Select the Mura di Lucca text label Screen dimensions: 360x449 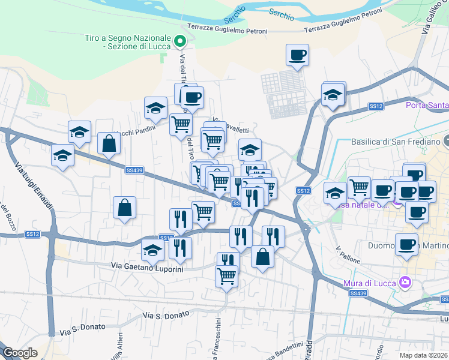(373, 281)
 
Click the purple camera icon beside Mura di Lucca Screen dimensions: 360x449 (405, 281)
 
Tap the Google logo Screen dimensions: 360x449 (20, 353)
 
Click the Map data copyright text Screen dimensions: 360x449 (424, 355)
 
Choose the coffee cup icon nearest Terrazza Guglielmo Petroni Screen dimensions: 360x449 (297, 55)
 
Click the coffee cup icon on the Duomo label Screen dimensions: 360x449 (406, 244)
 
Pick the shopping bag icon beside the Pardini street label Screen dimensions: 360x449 (109, 143)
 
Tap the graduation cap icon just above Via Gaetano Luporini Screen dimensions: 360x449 (152, 250)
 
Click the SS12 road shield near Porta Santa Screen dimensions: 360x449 (376, 106)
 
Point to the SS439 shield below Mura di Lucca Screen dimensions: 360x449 (358, 293)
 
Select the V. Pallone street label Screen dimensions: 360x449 (347, 249)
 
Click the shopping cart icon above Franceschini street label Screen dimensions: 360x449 (226, 276)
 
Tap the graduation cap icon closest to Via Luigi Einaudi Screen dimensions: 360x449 (62, 155)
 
